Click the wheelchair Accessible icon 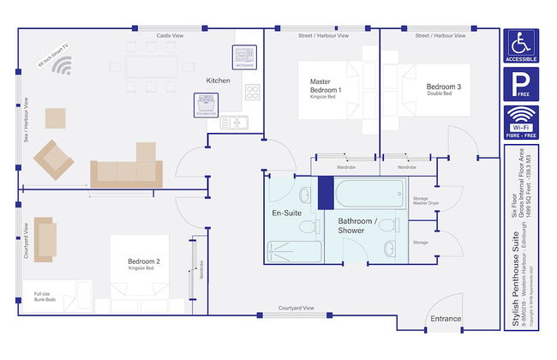[x=519, y=46]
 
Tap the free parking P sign [x=519, y=85]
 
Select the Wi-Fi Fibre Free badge [x=519, y=123]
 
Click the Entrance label [x=446, y=320]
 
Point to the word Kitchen [x=219, y=81]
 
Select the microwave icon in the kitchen [x=243, y=57]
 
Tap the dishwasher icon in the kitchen [x=207, y=104]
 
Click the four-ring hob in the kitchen [x=252, y=91]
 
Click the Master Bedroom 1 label [x=326, y=86]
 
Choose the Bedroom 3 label [x=444, y=87]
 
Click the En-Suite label [x=286, y=212]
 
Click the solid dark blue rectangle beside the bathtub [x=325, y=192]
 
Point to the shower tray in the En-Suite [x=294, y=251]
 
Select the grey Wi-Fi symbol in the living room [x=63, y=66]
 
